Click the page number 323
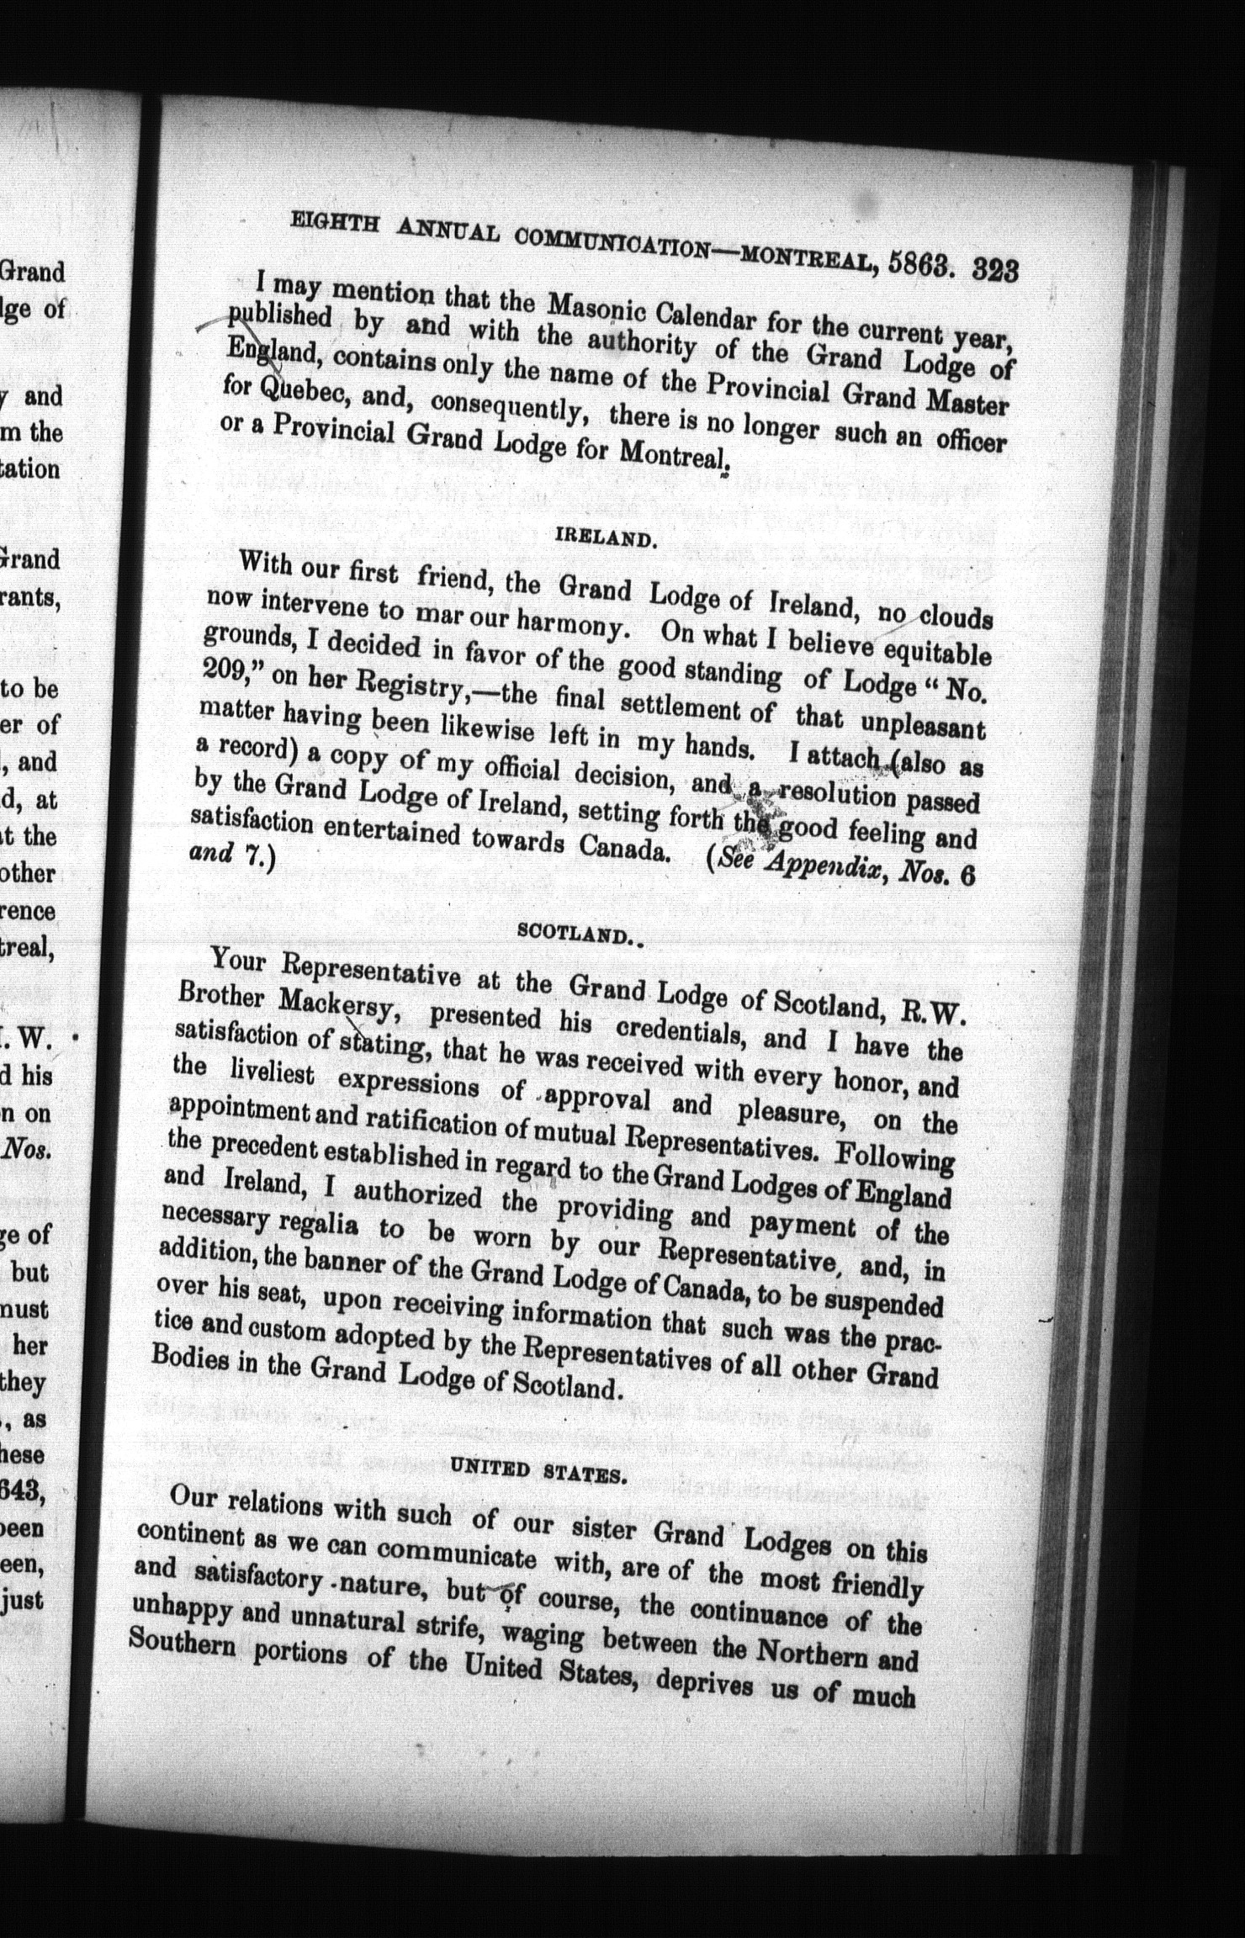pos(995,271)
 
